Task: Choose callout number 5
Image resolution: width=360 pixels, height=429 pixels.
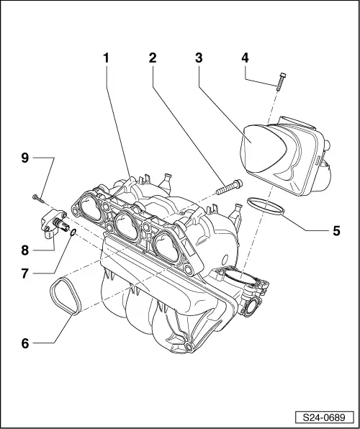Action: click(x=336, y=231)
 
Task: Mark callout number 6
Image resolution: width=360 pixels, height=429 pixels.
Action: click(x=25, y=343)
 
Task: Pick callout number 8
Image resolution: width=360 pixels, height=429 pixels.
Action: click(x=25, y=250)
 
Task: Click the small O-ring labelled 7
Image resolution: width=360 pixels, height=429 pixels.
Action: click(x=73, y=233)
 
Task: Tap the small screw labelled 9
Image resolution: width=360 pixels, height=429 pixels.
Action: click(x=36, y=195)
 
